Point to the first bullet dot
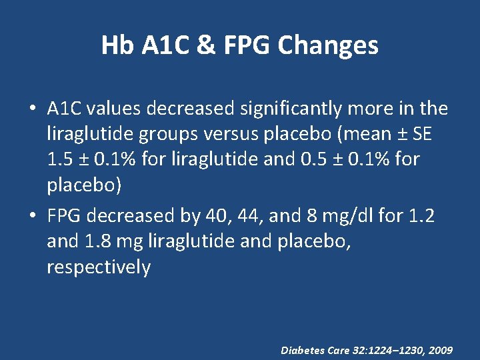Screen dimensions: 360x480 (x=33, y=109)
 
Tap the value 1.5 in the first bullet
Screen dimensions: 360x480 (x=59, y=160)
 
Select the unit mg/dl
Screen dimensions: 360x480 (x=344, y=217)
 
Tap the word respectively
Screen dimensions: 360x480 (x=99, y=267)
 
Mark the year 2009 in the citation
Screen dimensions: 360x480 (x=441, y=349)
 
